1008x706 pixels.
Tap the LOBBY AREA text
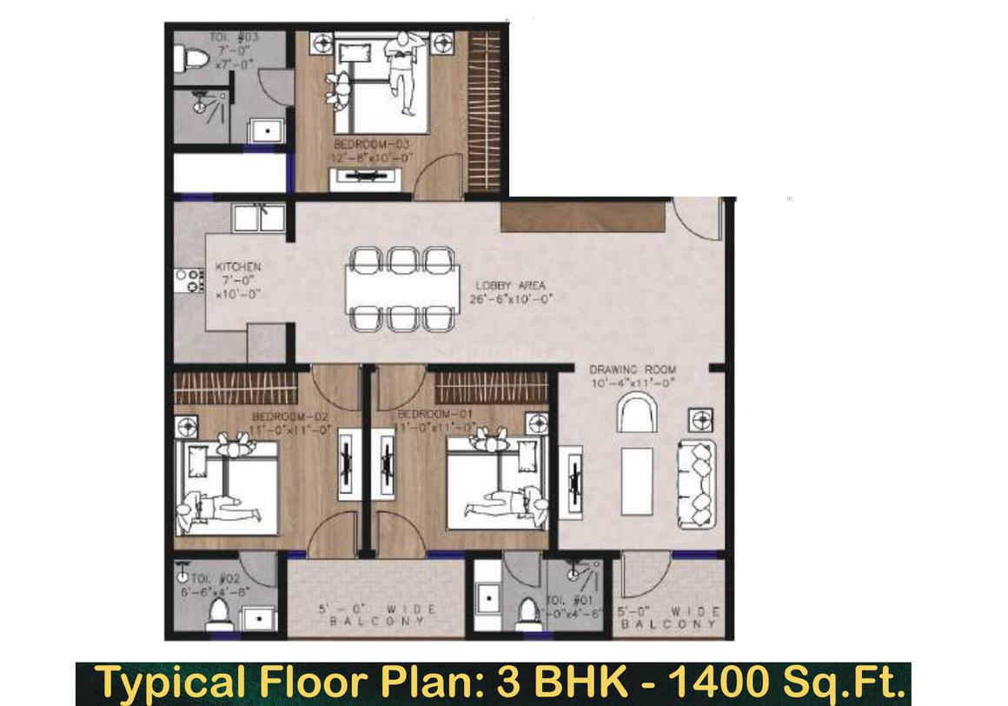510,285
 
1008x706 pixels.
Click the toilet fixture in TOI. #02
218,616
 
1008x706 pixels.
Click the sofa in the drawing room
697,483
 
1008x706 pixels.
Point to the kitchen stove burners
189,280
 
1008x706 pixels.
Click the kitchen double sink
258,217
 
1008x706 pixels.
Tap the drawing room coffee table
637,481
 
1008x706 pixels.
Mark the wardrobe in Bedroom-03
484,111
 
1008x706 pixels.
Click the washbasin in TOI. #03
268,131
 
